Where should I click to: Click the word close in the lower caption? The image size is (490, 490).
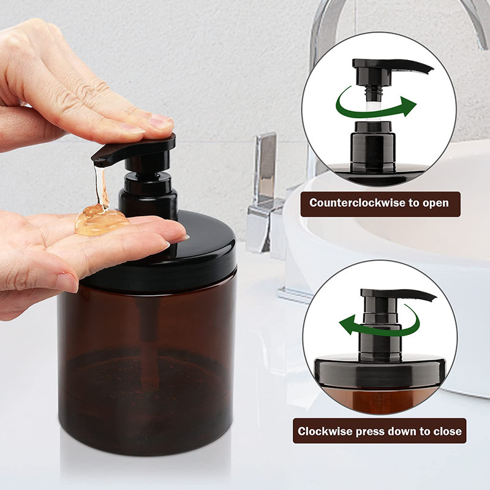448,431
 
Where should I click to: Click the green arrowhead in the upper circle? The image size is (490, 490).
408,105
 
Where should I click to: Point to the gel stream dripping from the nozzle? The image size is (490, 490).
101,186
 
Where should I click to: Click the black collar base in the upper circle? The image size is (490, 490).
373,147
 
